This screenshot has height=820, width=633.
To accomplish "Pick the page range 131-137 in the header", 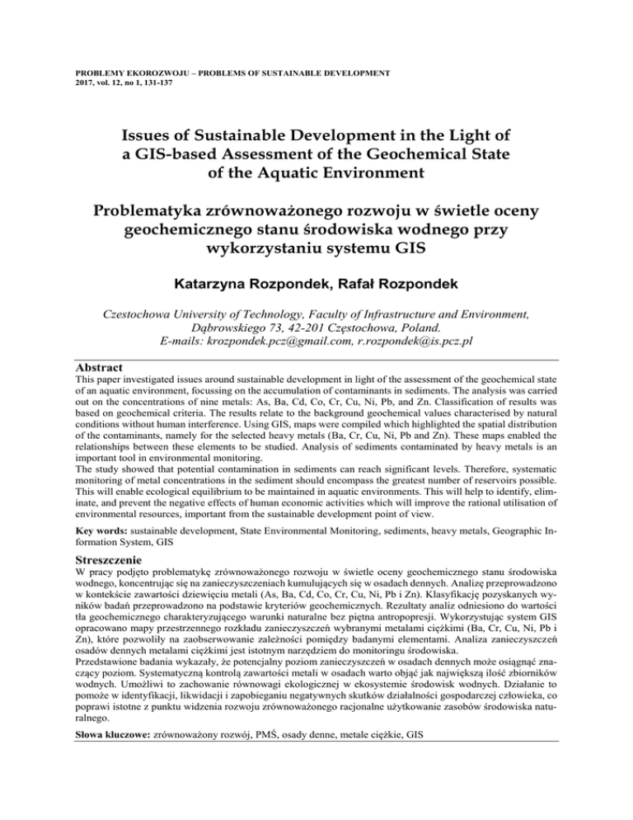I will (x=143, y=84).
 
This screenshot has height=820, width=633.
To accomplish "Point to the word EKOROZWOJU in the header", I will (x=152, y=73).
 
